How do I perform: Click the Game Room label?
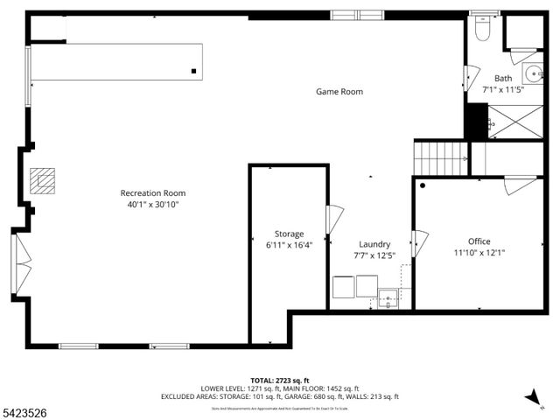pos(339,92)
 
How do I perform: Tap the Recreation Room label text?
pos(153,193)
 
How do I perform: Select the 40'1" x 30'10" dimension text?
pos(153,205)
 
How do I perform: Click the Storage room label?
pos(289,234)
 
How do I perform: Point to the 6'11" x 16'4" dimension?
pos(289,245)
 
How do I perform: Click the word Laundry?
pos(374,244)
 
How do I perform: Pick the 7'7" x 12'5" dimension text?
pos(374,255)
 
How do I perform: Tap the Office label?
pos(479,241)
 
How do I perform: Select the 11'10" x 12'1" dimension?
pos(479,253)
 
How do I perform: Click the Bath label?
pos(503,78)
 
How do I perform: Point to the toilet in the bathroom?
pos(481,29)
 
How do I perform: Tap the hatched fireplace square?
pos(42,180)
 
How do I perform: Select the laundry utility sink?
pos(388,298)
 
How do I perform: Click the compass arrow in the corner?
pos(531,398)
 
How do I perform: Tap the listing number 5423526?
pos(27,409)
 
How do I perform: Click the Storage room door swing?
pos(334,220)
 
